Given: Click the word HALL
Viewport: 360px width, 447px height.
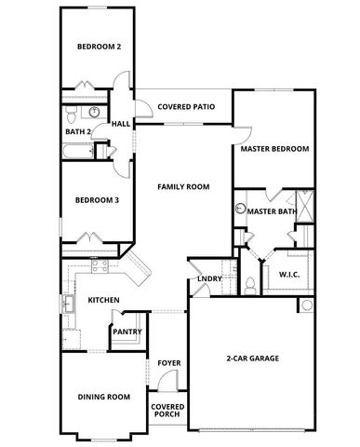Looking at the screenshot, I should pos(121,124).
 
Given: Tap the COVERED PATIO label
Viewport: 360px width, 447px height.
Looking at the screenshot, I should pos(186,107).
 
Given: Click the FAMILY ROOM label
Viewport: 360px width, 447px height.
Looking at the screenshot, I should pos(182,186).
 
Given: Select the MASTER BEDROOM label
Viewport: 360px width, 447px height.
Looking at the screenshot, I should pos(274,149).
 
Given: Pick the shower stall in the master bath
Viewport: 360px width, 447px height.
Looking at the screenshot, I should pos(303,202).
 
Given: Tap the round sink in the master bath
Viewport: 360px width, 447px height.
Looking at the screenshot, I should pos(239,211).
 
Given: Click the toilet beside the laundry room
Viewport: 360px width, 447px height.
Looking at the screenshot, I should pos(250,284).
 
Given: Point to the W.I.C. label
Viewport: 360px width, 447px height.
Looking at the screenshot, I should pos(287,274).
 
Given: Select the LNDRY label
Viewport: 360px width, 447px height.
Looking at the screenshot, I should pos(209,279).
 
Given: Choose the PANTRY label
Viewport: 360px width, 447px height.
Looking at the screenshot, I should pos(126,331).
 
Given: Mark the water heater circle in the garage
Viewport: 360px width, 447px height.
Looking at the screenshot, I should pos(306,305).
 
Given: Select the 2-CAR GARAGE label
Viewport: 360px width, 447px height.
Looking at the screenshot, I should pos(253,359).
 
